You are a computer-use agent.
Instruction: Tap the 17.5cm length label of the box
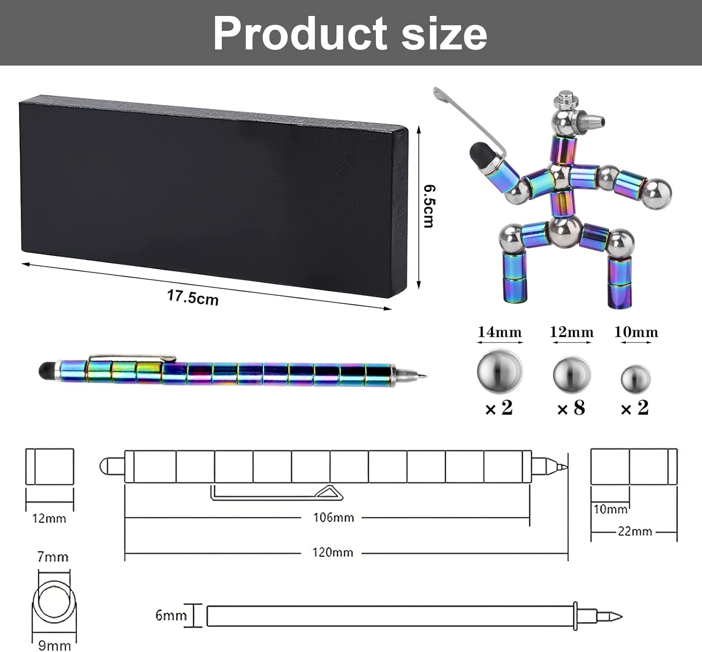[193, 297]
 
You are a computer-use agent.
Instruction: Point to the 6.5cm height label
[429, 206]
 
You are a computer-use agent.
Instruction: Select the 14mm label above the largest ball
[499, 332]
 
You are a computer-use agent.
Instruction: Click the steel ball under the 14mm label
[499, 371]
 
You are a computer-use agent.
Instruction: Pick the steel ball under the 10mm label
[636, 379]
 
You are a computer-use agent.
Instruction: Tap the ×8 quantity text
[571, 408]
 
